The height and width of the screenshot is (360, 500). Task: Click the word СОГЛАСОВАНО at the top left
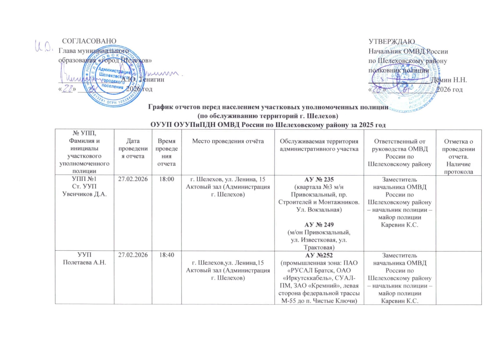89,41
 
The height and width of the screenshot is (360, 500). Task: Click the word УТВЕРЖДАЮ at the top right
392,42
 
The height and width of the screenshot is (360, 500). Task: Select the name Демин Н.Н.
449,80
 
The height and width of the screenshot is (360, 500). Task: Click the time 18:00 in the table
167,179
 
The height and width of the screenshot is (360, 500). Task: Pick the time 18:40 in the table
167,255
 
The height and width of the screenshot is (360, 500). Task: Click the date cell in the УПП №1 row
133,179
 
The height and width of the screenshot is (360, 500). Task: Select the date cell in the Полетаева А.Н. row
133,255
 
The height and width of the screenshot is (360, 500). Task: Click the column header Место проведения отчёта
228,141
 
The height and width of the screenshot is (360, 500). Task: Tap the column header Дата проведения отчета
133,148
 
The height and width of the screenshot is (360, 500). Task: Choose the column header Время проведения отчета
167,152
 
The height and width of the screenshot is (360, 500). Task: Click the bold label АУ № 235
319,179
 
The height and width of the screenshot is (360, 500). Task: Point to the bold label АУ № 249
319,225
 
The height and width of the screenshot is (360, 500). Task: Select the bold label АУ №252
319,255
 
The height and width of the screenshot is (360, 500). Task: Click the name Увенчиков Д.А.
84,194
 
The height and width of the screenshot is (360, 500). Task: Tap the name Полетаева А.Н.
84,262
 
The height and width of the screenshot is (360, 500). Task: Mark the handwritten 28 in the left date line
67,89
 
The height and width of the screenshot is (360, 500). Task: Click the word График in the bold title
160,107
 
